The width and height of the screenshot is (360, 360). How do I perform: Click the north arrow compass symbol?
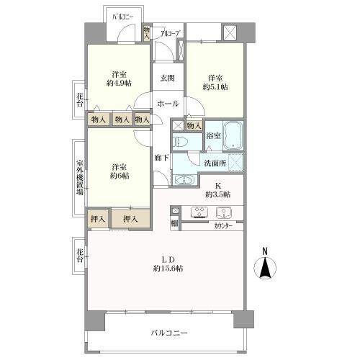click(x=266, y=268)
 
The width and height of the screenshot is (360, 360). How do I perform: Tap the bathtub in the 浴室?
click(x=234, y=135)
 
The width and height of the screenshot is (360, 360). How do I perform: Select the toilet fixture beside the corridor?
click(x=181, y=142)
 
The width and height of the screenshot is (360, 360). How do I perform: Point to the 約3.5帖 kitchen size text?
click(x=217, y=194)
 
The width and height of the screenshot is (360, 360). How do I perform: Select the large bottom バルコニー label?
click(x=169, y=333)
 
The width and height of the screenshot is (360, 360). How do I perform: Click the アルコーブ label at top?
click(x=169, y=33)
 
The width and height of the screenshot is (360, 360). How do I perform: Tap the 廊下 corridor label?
click(x=162, y=157)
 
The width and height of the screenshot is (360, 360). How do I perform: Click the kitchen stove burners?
click(x=197, y=212)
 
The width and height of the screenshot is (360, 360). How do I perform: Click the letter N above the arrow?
click(x=265, y=251)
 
